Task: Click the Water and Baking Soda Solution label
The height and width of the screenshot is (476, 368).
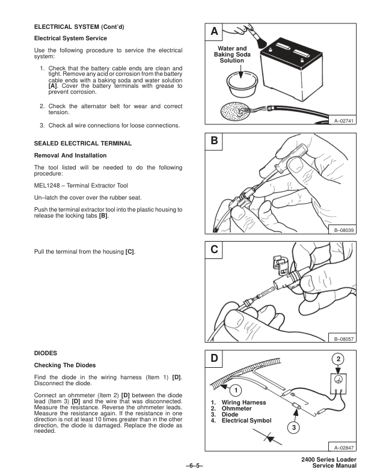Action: click(x=232, y=55)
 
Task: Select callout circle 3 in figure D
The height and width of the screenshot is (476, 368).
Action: click(x=293, y=427)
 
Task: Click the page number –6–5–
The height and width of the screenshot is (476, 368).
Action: click(x=183, y=464)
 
